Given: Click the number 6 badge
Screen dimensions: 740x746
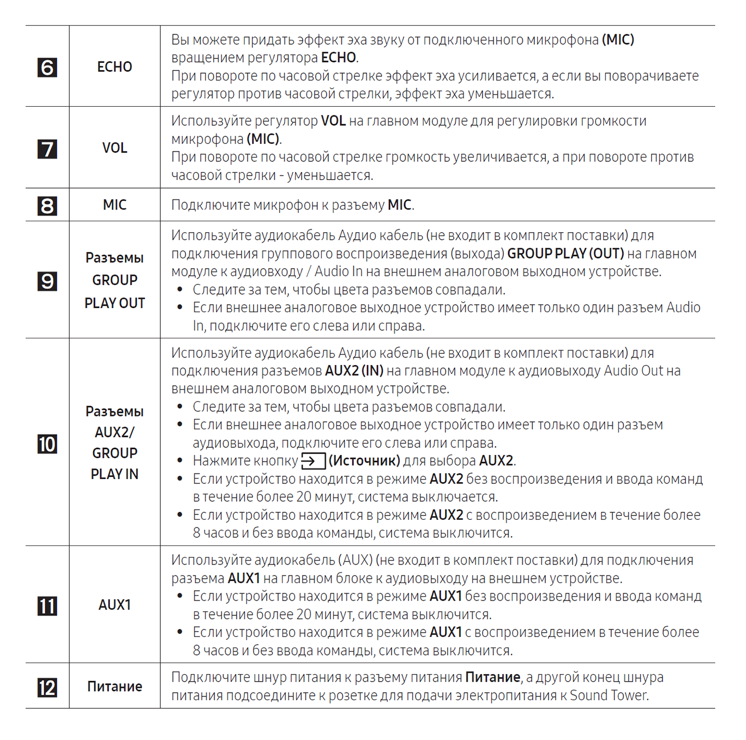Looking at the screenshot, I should [47, 68].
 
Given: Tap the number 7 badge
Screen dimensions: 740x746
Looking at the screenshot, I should [47, 149].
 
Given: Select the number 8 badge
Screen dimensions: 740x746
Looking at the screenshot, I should [47, 205].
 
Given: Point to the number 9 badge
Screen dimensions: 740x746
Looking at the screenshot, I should [47, 281].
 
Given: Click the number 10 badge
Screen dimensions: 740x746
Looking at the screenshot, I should [47, 444].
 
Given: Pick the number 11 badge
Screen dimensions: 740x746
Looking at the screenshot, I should [47, 606].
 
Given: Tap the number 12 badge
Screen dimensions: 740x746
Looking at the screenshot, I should [47, 688].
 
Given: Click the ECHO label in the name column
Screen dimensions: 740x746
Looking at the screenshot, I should [115, 67].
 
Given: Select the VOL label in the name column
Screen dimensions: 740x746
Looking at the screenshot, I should [115, 148].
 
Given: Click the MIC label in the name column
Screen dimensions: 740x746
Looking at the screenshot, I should [115, 205].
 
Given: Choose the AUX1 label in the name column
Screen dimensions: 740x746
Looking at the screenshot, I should [115, 605].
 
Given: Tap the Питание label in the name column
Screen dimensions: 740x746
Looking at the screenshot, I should [115, 687].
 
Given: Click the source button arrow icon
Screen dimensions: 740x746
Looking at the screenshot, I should [313, 461].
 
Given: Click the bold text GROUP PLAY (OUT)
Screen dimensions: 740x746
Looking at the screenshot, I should [565, 254].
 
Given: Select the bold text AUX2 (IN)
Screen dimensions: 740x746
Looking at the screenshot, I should [354, 371].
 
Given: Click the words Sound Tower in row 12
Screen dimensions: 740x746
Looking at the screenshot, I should [609, 696].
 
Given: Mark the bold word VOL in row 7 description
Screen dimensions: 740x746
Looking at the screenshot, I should [333, 121].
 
